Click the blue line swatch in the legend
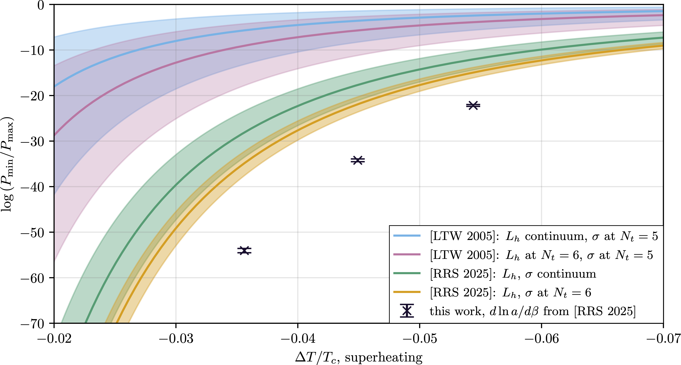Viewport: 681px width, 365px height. tap(407, 235)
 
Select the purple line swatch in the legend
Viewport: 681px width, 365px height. tap(407, 254)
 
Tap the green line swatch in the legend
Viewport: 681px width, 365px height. tap(407, 273)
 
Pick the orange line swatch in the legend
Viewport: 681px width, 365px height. tap(407, 292)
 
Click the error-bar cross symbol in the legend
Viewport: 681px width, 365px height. tap(407, 311)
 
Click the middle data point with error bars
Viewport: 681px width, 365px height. tap(358, 160)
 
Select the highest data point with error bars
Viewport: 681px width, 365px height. tap(473, 105)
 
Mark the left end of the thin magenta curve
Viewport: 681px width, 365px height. tap(56, 134)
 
